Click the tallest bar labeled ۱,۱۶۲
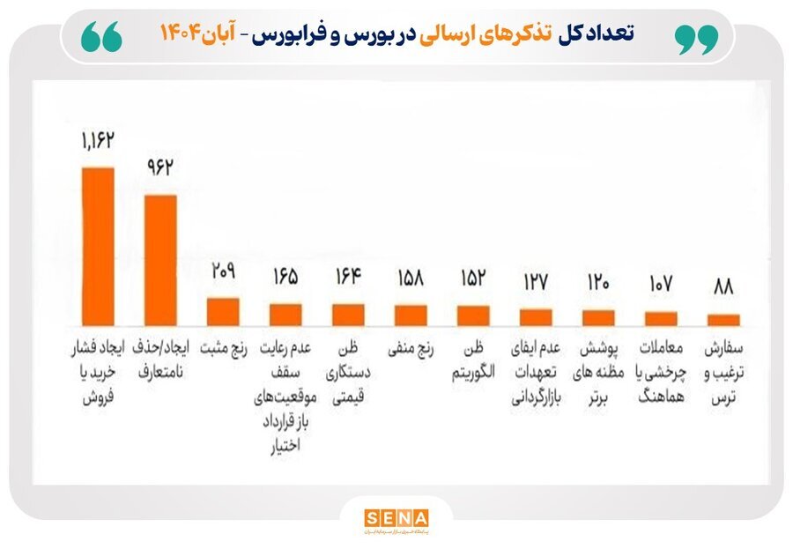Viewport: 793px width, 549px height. pos(98,244)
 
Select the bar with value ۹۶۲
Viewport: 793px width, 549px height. pos(160,258)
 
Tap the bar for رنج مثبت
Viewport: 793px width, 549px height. pos(223,310)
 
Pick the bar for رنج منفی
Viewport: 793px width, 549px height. pos(411,314)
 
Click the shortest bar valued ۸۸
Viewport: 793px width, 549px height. pos(723,319)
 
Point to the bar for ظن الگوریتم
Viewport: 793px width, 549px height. pos(473,315)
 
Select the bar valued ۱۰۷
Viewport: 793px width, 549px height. pos(661,317)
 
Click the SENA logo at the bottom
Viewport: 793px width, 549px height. pos(396,518)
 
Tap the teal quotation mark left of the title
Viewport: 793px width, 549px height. pos(102,37)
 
